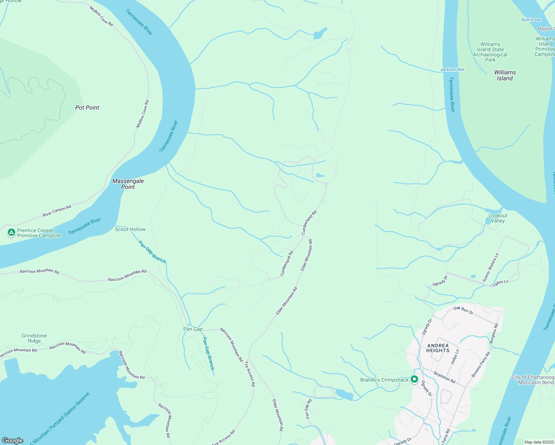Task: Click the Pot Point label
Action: coord(87,108)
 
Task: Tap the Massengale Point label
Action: coord(128,184)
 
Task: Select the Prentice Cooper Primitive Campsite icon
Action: coord(12,233)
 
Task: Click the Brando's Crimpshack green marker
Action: coord(414,379)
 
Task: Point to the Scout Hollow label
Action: coord(130,229)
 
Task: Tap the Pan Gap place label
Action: coord(193,329)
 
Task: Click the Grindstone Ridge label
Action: coord(34,338)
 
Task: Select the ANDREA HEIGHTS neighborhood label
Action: coord(438,348)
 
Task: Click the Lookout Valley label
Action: coord(498,218)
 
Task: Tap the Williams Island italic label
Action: coord(505,75)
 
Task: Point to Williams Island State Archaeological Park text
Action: coord(490,52)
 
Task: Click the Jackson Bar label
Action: coord(452,69)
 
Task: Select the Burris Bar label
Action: coord(531,20)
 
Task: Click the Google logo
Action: coord(13,440)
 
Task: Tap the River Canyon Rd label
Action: coord(57,211)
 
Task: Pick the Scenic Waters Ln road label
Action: coord(490,267)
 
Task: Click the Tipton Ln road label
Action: coord(500,283)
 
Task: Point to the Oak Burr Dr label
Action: coord(463,310)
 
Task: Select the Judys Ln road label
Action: coord(455,357)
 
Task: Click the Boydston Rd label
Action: coord(444,378)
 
